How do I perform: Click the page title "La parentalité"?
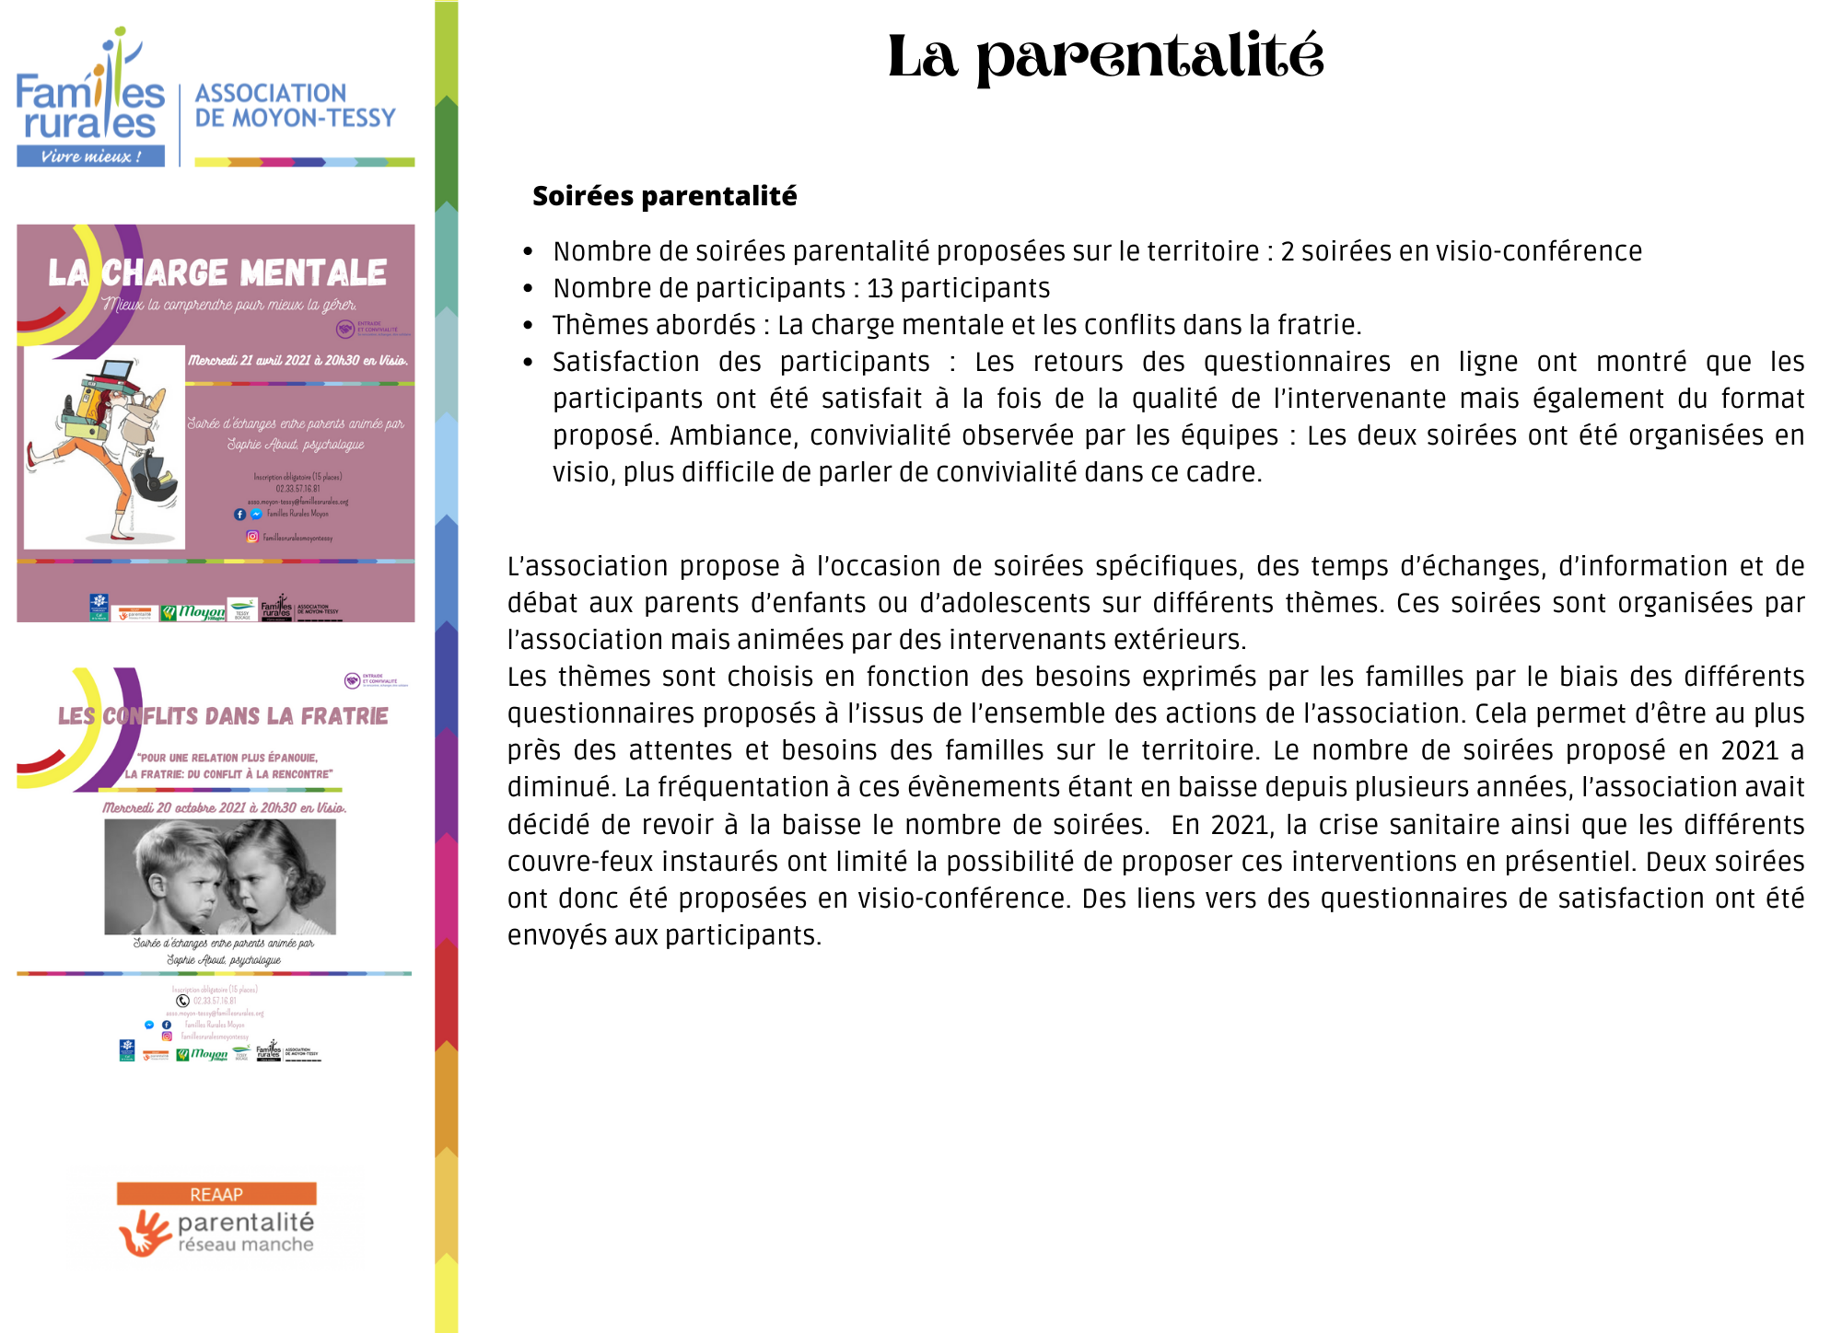1105,57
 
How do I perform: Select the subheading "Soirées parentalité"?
664,196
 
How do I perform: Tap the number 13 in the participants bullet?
880,288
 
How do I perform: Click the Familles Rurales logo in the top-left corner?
90,97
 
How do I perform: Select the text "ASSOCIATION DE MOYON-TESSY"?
295,106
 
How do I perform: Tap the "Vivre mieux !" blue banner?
90,156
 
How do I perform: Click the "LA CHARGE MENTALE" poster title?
217,272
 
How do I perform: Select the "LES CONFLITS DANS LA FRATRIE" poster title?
223,716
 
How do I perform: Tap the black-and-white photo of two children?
220,876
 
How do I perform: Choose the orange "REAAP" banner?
216,1194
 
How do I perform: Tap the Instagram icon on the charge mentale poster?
252,537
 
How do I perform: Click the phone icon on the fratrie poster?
182,1001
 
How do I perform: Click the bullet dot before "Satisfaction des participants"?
528,362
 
